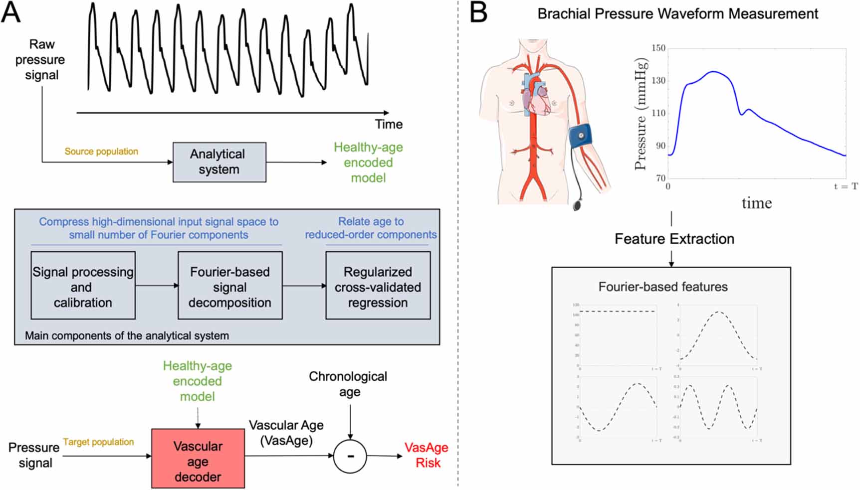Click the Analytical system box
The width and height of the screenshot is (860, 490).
coord(219,162)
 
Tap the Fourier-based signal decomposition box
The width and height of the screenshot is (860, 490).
coord(230,286)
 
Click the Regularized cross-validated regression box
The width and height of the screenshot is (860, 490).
coord(378,286)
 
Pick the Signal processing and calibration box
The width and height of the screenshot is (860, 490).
coord(83,286)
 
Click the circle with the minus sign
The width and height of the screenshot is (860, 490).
coord(350,456)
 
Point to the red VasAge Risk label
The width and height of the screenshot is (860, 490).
coord(427,455)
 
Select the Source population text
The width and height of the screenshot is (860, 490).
coord(101,152)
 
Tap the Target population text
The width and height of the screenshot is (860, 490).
coord(98,442)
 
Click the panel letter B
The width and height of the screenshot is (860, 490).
coord(478,13)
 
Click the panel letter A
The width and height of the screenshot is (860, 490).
coord(11,13)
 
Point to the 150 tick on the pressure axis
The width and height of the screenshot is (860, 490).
coord(658,48)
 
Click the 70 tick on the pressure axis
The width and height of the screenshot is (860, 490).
coord(660,178)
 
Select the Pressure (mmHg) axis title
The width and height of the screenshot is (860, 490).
coord(642,114)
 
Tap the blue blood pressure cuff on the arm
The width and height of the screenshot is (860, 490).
coord(581,136)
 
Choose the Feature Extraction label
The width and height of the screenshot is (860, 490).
coord(674,239)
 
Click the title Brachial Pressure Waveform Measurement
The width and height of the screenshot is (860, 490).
coord(677,14)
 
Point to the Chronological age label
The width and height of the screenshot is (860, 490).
coord(348,384)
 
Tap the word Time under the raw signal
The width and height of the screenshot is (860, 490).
coord(389,124)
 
